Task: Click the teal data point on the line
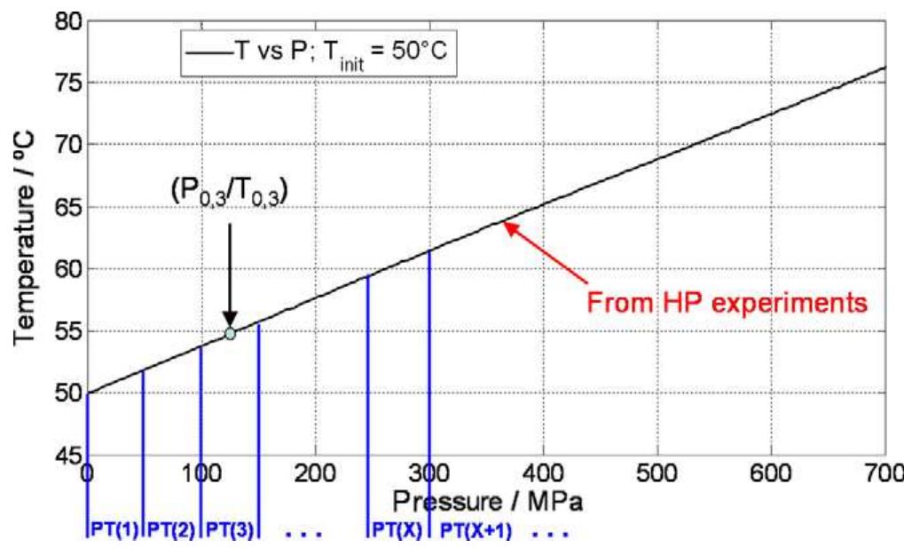coord(230,333)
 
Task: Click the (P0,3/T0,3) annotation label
coord(230,190)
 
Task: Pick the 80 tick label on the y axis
coord(60,20)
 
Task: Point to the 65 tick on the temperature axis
coord(60,207)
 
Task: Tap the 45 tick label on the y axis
coord(60,457)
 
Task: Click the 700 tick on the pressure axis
coord(883,473)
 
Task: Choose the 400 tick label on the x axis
coord(543,473)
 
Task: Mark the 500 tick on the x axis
coord(657,473)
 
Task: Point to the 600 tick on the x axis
coord(772,473)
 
